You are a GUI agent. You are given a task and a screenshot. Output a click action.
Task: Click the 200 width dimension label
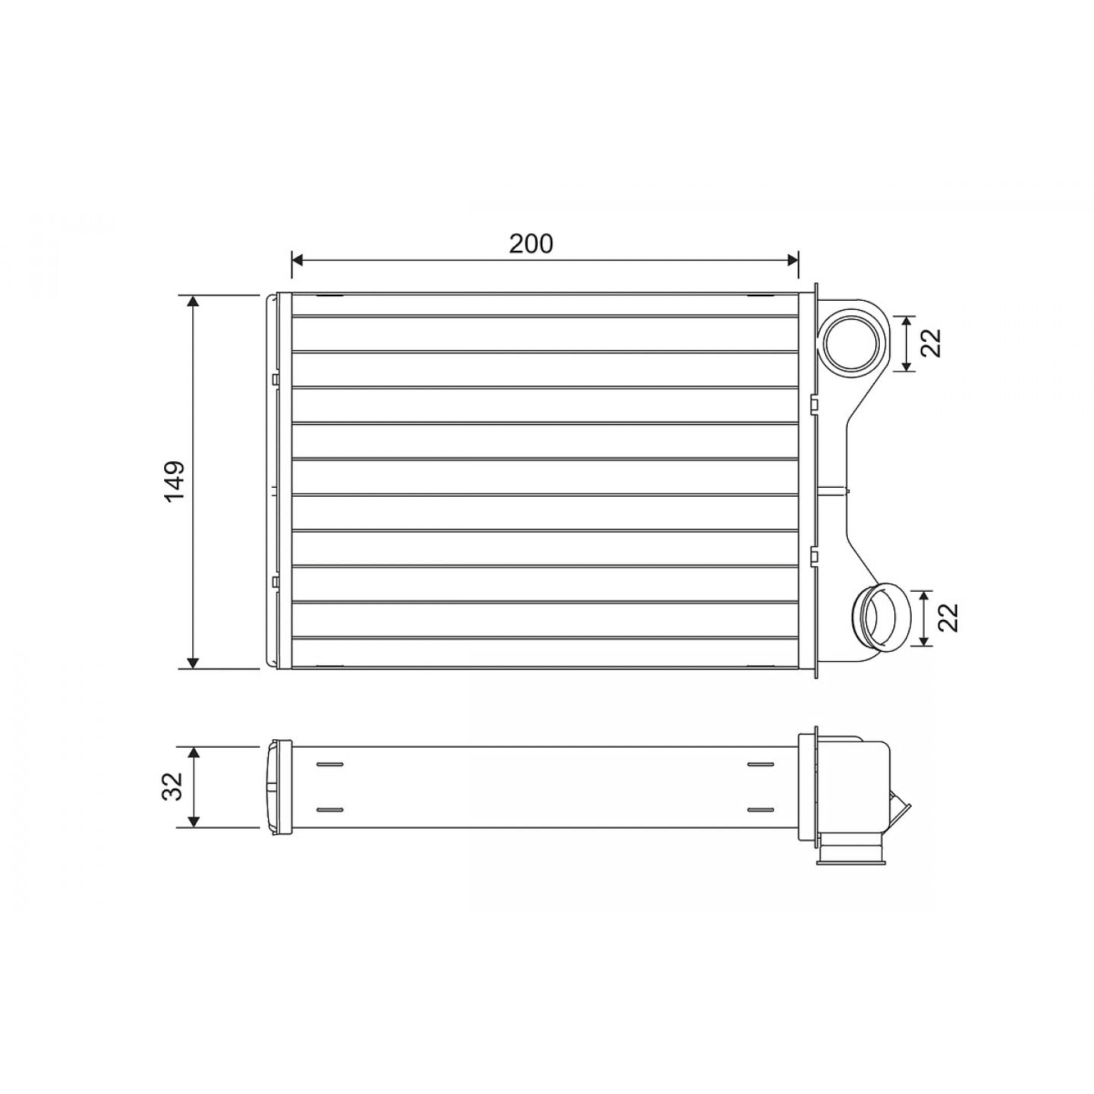coord(530,244)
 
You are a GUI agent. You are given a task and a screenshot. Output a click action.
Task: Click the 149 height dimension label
coord(175,481)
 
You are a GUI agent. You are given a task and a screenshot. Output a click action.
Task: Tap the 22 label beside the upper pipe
coord(931,343)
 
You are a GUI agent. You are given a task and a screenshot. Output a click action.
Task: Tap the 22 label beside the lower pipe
coord(947,618)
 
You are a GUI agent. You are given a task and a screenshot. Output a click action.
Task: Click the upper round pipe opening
coord(852,343)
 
